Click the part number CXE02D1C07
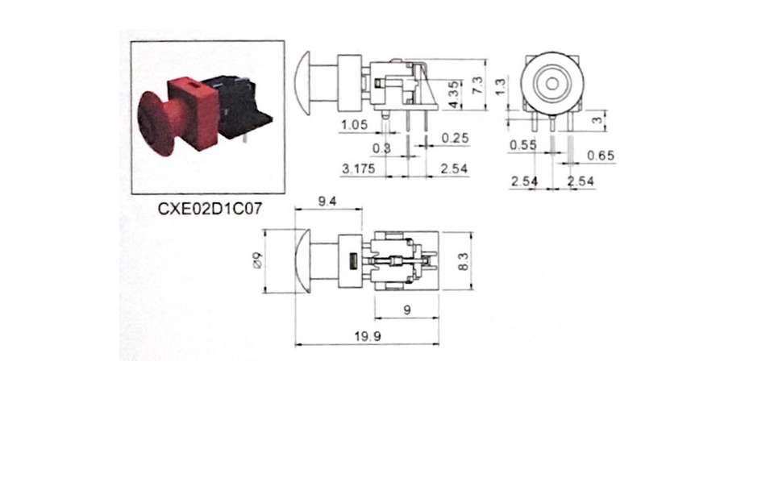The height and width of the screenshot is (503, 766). [x=210, y=209]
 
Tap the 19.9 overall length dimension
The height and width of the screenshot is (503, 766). [x=368, y=336]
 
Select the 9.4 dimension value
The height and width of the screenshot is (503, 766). [x=327, y=202]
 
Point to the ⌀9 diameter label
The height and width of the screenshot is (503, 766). [x=257, y=260]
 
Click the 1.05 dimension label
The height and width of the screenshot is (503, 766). [x=354, y=124]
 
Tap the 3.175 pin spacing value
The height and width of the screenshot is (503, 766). [x=359, y=168]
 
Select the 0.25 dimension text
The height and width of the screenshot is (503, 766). [x=455, y=138]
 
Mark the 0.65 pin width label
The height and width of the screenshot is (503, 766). [x=601, y=156]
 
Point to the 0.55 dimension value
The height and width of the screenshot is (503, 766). [x=522, y=144]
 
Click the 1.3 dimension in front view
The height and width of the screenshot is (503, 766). [x=501, y=87]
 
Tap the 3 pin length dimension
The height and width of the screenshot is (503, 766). [x=597, y=118]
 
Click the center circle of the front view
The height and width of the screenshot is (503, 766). [x=552, y=84]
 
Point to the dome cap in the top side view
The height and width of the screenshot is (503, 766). [x=303, y=83]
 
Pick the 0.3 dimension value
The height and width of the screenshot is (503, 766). [x=381, y=148]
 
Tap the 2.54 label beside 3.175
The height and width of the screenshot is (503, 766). [x=454, y=168]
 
